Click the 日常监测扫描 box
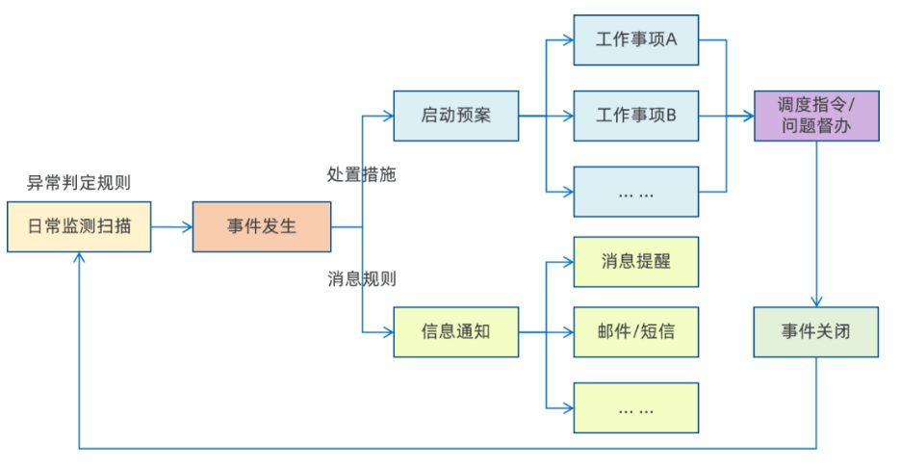tap(79, 227)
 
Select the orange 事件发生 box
tap(262, 227)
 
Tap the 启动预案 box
tap(456, 116)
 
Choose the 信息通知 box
tap(456, 331)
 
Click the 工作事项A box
tap(636, 40)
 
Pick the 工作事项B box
tap(636, 116)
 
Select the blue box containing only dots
tap(636, 192)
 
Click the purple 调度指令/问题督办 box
tap(816, 116)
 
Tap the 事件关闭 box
tap(816, 331)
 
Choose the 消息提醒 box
tap(636, 261)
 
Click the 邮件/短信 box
tap(636, 331)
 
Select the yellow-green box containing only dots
tap(636, 407)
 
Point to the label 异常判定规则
tap(79, 183)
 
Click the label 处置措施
tap(362, 174)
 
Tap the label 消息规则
tap(362, 279)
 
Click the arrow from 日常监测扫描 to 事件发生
tap(171, 227)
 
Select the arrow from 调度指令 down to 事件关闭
tap(816, 221)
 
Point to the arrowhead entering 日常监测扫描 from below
tap(79, 260)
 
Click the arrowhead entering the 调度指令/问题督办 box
tap(748, 116)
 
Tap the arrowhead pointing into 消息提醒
tap(567, 261)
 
